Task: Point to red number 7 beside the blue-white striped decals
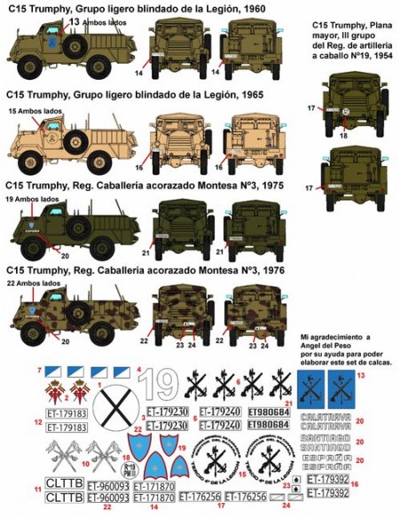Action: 37,367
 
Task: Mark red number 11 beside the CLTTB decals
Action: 37,489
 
